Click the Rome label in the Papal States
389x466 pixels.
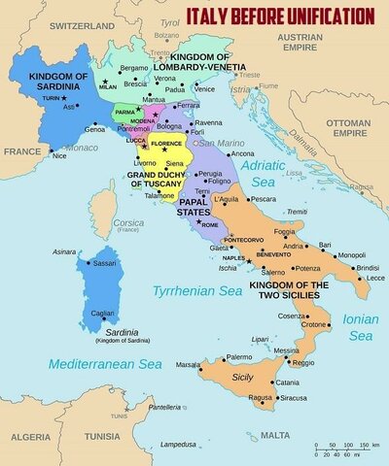point(212,225)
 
